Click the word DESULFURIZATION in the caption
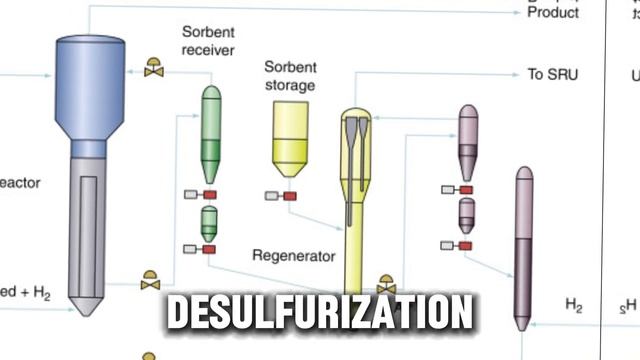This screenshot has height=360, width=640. pyautogui.click(x=319, y=313)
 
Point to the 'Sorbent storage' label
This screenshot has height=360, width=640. pyautogui.click(x=290, y=76)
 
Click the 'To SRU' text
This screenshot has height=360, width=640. pyautogui.click(x=552, y=74)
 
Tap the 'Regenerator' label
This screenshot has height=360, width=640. pyautogui.click(x=293, y=255)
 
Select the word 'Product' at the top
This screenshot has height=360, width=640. pyautogui.click(x=552, y=13)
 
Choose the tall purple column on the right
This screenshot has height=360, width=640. pyautogui.click(x=523, y=245)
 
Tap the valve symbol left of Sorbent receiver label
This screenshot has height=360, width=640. pyautogui.click(x=154, y=68)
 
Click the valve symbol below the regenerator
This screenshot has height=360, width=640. pyautogui.click(x=386, y=284)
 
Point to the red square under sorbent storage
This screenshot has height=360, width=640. pyautogui.click(x=290, y=196)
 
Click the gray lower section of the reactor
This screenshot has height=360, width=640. pyautogui.click(x=89, y=230)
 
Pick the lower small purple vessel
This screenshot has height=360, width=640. pyautogui.click(x=466, y=214)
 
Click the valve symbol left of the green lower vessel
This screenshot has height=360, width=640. pyautogui.click(x=150, y=281)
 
